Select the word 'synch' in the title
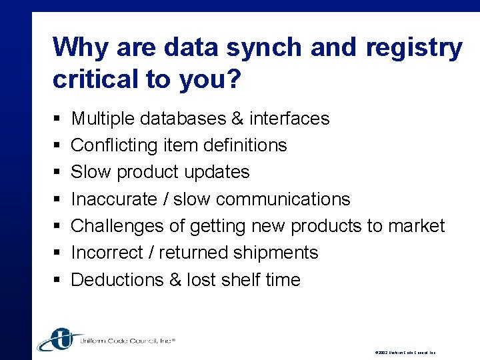[264, 49]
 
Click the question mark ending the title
[232, 79]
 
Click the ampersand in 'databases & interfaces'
[237, 119]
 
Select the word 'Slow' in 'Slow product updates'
[91, 172]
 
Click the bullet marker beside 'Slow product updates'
[56, 173]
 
